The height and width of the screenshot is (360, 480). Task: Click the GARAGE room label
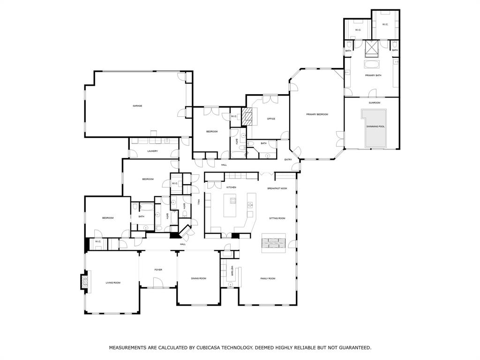(x=137, y=106)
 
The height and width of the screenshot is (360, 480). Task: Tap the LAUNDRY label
(x=152, y=151)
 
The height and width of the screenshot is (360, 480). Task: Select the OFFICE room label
(x=271, y=119)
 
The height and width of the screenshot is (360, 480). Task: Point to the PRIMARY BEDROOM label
(x=317, y=114)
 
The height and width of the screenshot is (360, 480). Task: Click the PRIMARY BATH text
(x=373, y=75)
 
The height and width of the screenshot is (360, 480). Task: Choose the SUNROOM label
(x=374, y=103)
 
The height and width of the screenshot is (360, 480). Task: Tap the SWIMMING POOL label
(x=375, y=127)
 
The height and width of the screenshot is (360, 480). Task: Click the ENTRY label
(x=288, y=160)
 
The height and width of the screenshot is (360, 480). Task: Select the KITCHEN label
(x=231, y=187)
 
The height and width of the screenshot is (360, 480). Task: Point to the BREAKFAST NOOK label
(x=277, y=188)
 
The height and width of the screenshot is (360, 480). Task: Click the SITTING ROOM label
(x=277, y=218)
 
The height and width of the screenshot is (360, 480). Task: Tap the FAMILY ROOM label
(x=268, y=278)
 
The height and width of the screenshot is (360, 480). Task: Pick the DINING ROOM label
(x=198, y=278)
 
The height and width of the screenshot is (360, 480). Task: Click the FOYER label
(x=158, y=270)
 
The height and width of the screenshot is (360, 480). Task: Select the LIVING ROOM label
(x=113, y=283)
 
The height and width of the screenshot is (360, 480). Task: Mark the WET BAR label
(x=232, y=271)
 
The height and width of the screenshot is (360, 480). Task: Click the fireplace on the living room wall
(x=84, y=282)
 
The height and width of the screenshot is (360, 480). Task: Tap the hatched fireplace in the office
(x=247, y=117)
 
